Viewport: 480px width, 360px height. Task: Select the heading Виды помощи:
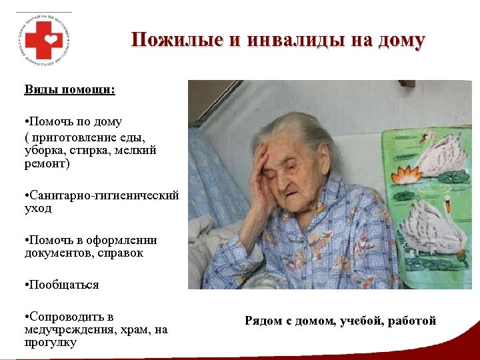[70, 89]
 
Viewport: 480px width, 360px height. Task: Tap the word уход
[37, 208]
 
